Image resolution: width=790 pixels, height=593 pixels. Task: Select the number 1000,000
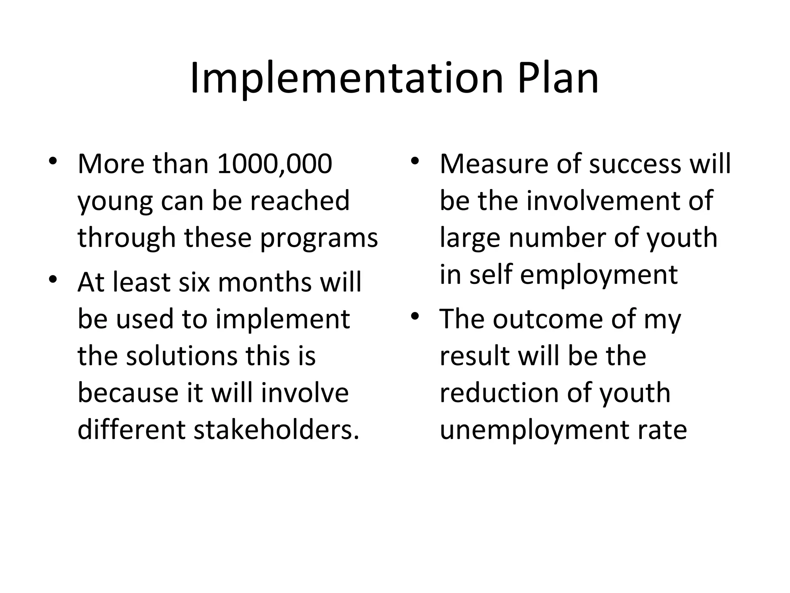pos(274,164)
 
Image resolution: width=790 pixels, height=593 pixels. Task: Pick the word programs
pos(319,239)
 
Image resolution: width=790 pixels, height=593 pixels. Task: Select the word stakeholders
pos(276,430)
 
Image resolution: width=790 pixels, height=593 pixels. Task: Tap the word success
pos(635,164)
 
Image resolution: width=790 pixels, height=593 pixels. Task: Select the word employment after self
pos(599,275)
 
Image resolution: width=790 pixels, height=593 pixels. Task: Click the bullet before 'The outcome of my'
pos(415,315)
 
